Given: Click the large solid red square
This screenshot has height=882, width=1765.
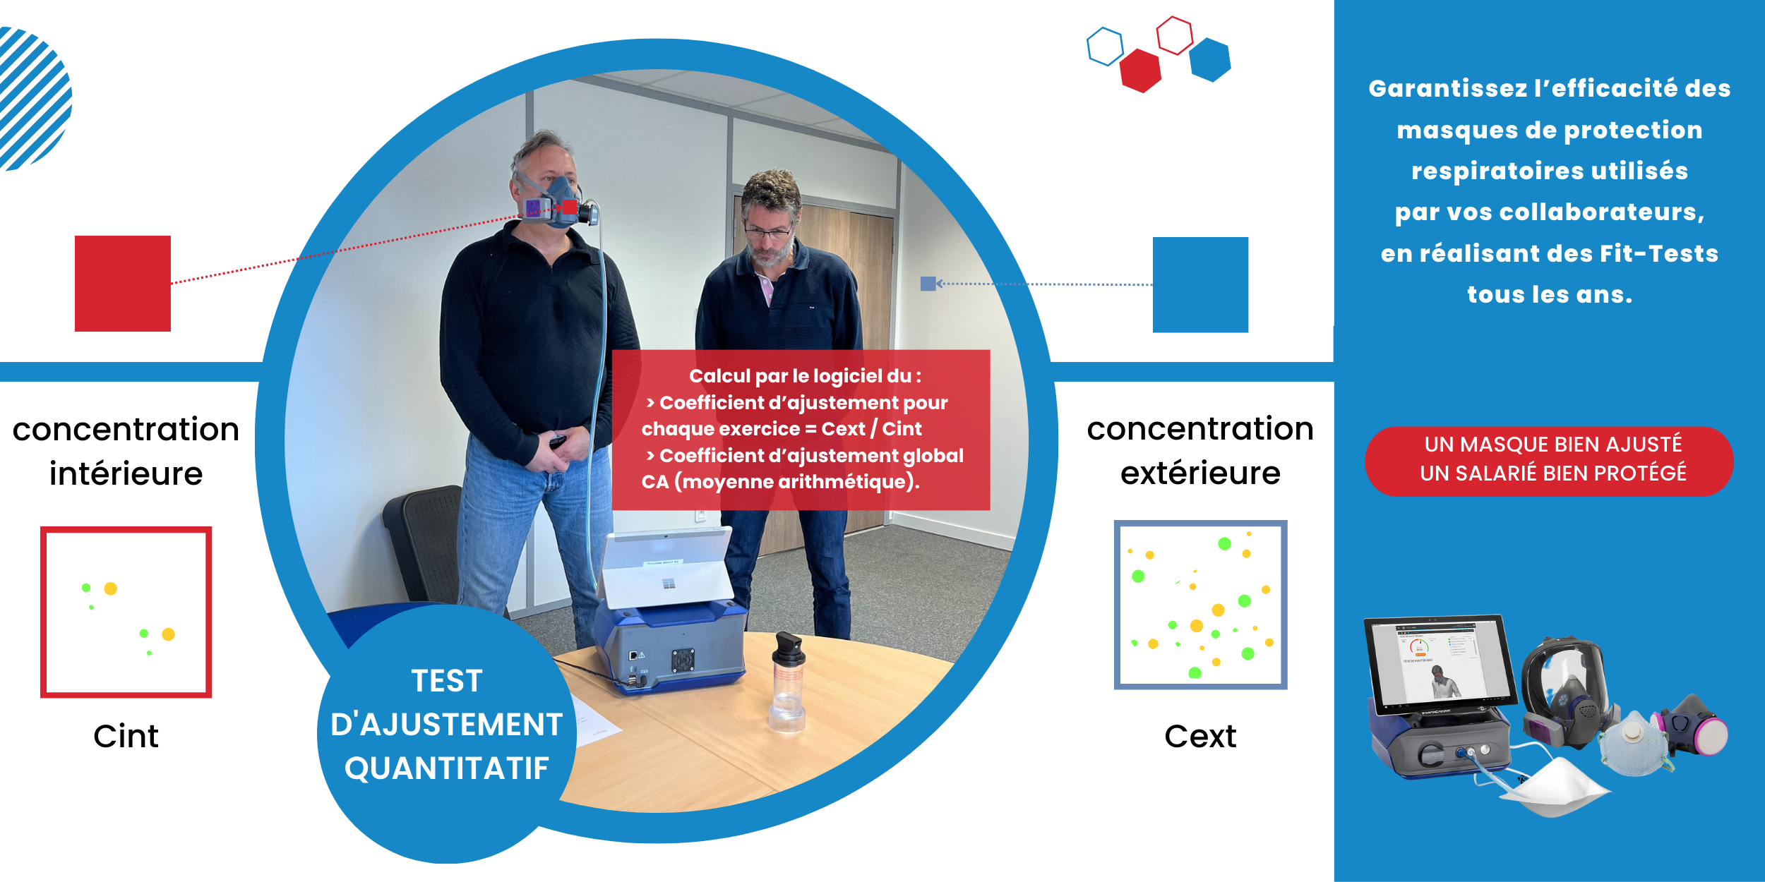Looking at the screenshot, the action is pyautogui.click(x=123, y=284).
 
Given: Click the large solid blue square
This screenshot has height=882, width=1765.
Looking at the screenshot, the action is pyautogui.click(x=1200, y=284).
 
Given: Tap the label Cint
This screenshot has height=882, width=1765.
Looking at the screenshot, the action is pyautogui.click(x=126, y=736).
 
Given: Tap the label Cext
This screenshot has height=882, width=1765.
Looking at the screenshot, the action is pyautogui.click(x=1200, y=736).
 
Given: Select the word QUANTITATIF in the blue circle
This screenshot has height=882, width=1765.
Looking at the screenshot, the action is pyautogui.click(x=447, y=768).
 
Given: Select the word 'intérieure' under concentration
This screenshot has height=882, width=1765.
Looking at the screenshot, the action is pyautogui.click(x=126, y=473).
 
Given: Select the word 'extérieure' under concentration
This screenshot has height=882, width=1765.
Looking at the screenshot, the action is pyautogui.click(x=1200, y=472).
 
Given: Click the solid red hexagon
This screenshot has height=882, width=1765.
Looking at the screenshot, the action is pyautogui.click(x=1140, y=71).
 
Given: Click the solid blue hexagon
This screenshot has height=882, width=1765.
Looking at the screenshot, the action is pyautogui.click(x=1210, y=60).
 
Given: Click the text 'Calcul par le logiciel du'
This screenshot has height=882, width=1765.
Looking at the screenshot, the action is pyautogui.click(x=800, y=376).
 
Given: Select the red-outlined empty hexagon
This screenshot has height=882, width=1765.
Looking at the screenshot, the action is pyautogui.click(x=1175, y=35).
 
